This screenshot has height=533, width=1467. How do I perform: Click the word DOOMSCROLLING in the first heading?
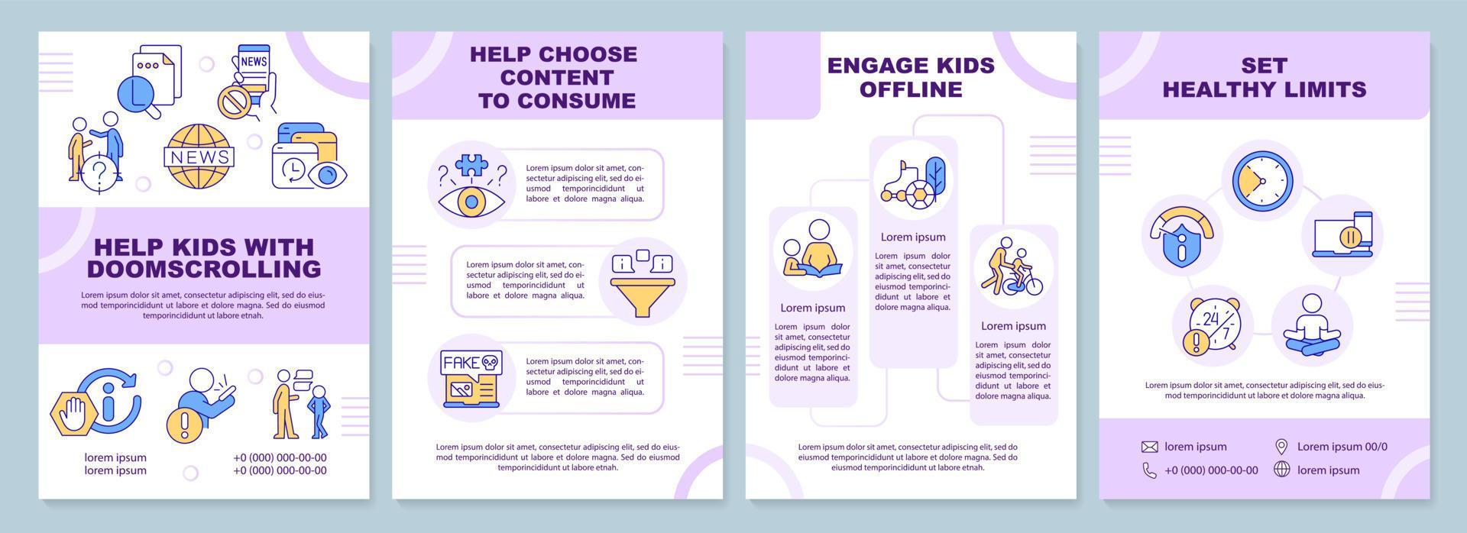(x=204, y=269)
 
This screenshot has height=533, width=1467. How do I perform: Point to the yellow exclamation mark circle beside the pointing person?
(x=183, y=422)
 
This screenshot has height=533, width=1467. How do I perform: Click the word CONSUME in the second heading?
(x=578, y=101)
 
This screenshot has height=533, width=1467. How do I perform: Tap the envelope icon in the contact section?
(x=1149, y=447)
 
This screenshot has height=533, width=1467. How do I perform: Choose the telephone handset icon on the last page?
(x=1149, y=470)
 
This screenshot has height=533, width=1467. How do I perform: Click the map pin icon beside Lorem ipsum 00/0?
(x=1281, y=447)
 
